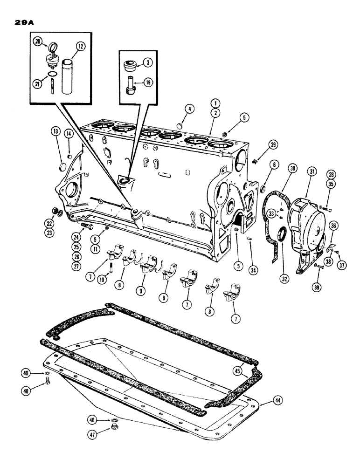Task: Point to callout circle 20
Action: coord(37,41)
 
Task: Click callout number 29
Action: coord(273,146)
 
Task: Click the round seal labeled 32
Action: coord(282,237)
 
